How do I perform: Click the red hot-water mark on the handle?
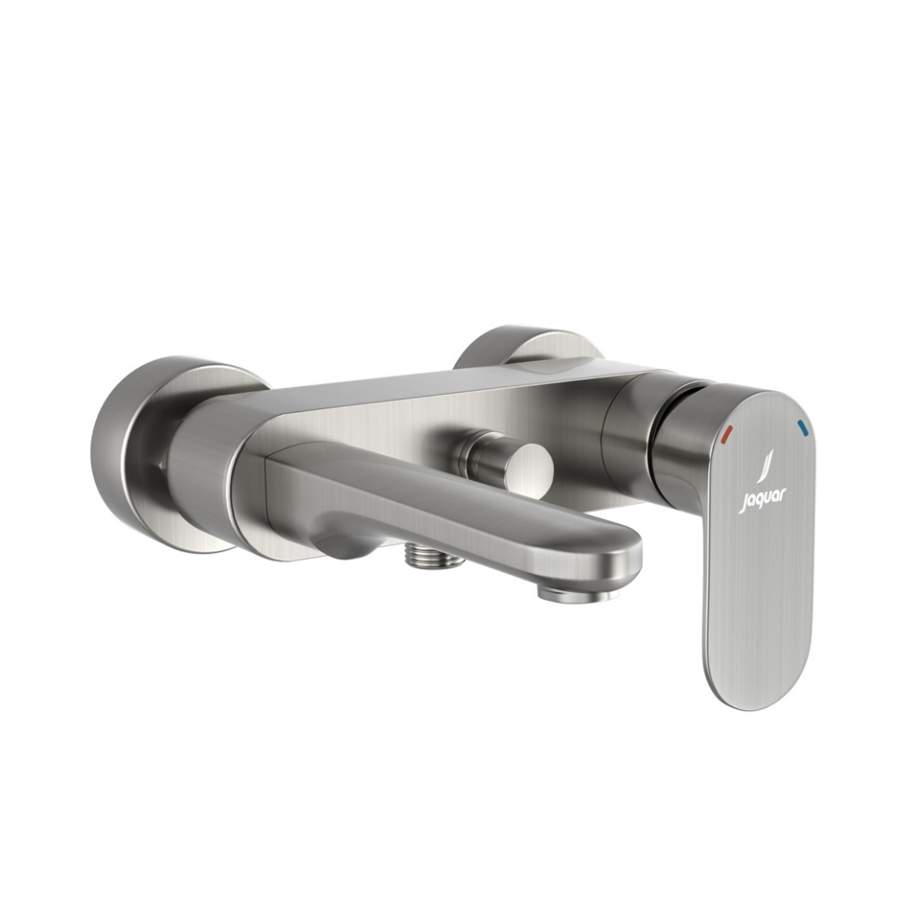pyautogui.click(x=726, y=434)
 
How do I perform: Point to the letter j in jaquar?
pyautogui.click(x=743, y=504)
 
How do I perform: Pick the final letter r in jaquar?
pyautogui.click(x=784, y=495)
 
